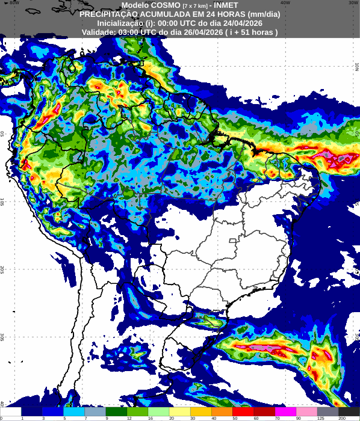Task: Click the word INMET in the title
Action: pos(226,5)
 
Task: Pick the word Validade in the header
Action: pos(99,32)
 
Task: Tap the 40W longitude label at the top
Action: pos(285,2)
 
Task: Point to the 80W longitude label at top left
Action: pos(14,2)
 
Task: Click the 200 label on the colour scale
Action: pos(342,417)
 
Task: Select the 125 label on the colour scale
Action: pos(321,417)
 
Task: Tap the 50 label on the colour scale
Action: pos(235,417)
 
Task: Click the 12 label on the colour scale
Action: pos(129,417)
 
